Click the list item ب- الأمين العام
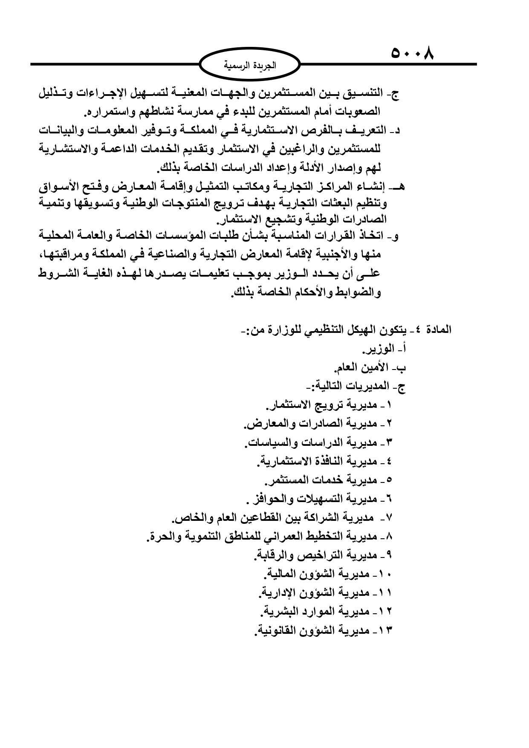370,368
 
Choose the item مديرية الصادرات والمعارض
318,424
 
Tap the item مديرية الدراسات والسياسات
318,442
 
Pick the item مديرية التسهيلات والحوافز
319,499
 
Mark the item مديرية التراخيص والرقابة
323,555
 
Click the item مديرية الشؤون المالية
327,574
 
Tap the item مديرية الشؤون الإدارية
325,592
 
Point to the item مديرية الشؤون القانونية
323,630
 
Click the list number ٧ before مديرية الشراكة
389,518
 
